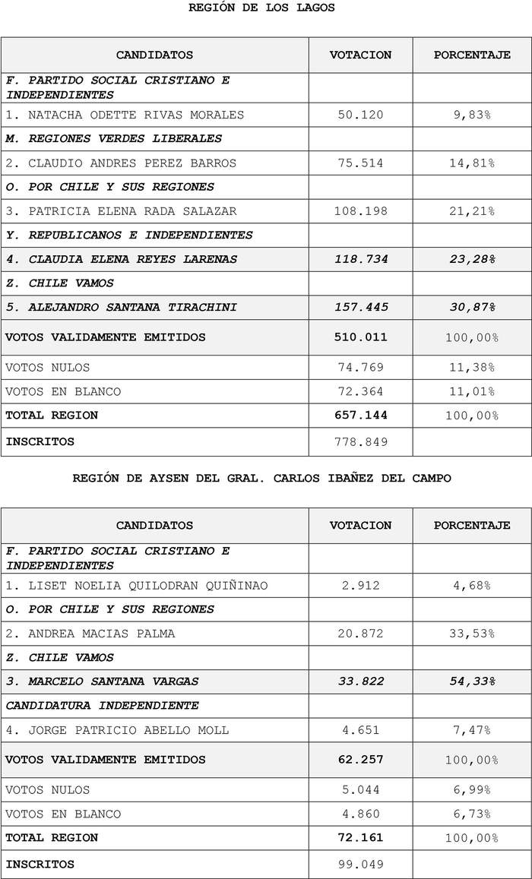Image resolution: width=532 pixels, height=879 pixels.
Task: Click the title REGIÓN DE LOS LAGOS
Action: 261,8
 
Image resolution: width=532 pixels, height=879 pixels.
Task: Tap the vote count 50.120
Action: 360,115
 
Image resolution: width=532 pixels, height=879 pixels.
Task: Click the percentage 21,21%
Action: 471,211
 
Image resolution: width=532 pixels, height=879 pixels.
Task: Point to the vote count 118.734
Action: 360,259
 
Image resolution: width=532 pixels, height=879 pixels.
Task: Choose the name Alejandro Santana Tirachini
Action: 122,307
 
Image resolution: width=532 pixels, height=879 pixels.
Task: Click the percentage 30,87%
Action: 471,307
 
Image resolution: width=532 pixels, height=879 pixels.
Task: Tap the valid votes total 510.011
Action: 360,337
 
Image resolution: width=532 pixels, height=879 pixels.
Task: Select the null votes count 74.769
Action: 360,368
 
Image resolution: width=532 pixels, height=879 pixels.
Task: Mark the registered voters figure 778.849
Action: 360,441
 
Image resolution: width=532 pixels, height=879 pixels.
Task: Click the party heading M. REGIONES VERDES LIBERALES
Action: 114,138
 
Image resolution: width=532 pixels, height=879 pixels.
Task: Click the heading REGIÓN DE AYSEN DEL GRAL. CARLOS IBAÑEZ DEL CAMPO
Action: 261,478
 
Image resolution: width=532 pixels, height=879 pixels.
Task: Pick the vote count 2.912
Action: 360,585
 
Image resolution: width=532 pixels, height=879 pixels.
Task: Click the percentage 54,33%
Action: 471,681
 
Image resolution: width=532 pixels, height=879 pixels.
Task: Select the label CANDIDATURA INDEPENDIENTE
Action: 103,705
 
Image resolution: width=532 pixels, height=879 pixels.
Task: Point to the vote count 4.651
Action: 360,730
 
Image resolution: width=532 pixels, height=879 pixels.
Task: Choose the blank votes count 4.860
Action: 360,814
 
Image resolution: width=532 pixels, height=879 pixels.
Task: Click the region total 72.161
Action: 360,837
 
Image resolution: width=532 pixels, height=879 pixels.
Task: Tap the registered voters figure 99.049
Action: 360,864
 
